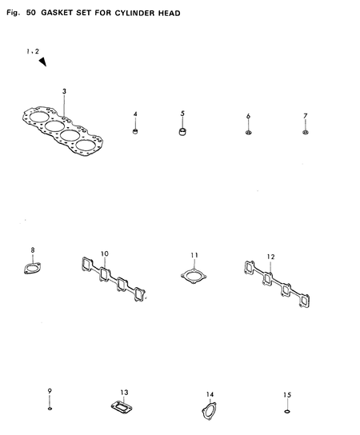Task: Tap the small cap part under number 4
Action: coord(135,131)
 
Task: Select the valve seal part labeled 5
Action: coord(182,130)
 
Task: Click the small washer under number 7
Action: coord(306,132)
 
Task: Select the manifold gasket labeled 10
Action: coord(114,285)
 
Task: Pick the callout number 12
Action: coord(271,257)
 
